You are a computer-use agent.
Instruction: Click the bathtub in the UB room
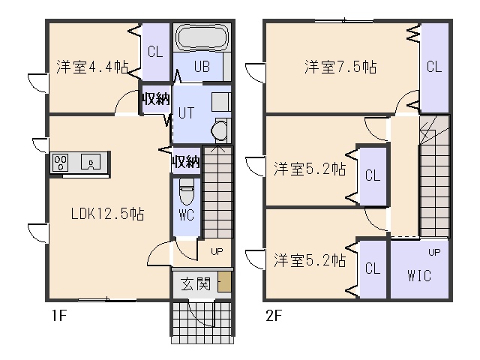(x=202, y=37)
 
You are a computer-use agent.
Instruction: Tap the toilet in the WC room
(x=187, y=192)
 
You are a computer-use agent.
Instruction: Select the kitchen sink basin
(x=91, y=161)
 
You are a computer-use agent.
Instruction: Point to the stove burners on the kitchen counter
(x=60, y=162)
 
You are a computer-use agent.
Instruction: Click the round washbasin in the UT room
(x=218, y=130)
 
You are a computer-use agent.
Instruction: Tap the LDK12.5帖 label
(x=107, y=214)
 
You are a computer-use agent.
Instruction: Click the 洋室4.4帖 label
(x=92, y=67)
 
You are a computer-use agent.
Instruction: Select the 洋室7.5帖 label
(x=340, y=67)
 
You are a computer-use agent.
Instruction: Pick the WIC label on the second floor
(x=419, y=275)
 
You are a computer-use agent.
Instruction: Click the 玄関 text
(x=196, y=284)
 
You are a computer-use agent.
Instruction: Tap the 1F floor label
(x=59, y=316)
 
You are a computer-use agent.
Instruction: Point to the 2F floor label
(x=273, y=316)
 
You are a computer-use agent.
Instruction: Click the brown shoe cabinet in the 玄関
(x=224, y=282)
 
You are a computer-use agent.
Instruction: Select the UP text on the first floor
(x=217, y=252)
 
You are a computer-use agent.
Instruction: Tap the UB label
(x=202, y=67)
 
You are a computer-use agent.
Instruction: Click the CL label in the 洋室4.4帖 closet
(x=155, y=52)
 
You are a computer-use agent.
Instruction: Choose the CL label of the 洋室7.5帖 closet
(x=434, y=67)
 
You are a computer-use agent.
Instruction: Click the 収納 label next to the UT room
(x=155, y=99)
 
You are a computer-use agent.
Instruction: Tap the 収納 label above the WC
(x=186, y=161)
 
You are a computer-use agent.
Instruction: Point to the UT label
(x=186, y=113)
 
